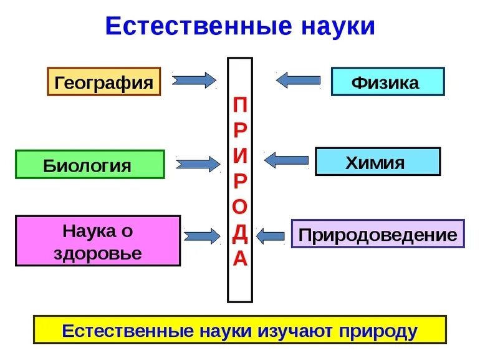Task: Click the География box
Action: click(104, 82)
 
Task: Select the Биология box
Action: click(90, 165)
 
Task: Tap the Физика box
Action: click(387, 82)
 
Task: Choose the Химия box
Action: click(377, 162)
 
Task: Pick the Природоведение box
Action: click(378, 235)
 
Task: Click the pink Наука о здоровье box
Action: click(98, 241)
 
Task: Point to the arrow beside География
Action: click(194, 80)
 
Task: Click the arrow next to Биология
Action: click(198, 164)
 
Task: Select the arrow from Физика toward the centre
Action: click(299, 80)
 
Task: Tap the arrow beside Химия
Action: click(286, 160)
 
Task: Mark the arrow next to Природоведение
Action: click(270, 235)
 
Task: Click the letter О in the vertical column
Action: click(240, 206)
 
